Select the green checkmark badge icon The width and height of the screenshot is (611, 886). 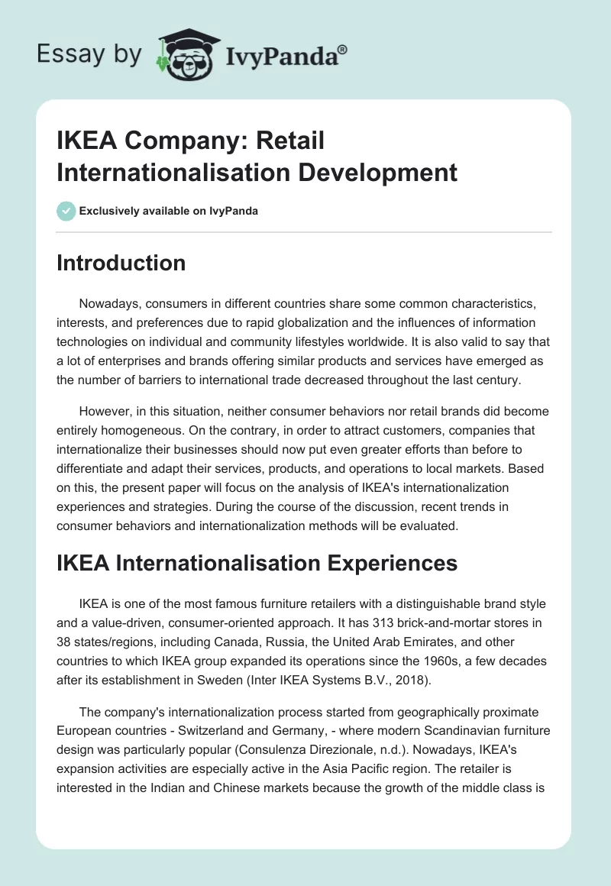click(x=66, y=211)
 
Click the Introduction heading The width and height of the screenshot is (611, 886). click(x=121, y=263)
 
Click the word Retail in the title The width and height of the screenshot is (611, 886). click(x=290, y=141)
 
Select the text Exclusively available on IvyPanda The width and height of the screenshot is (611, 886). click(x=169, y=211)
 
